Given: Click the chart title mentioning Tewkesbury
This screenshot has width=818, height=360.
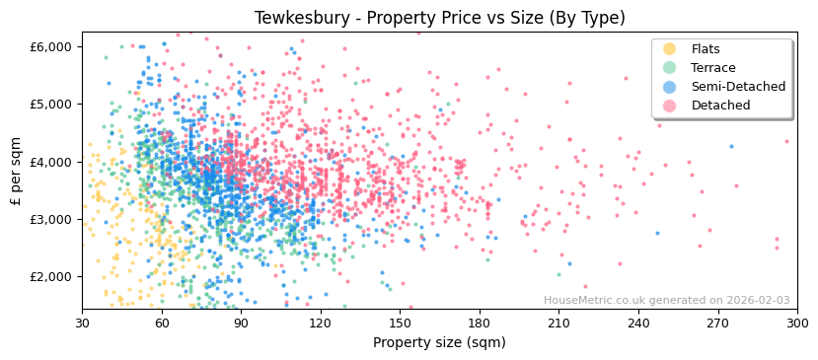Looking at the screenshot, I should click(x=440, y=18).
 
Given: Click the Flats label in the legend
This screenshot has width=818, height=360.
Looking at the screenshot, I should click(x=705, y=49).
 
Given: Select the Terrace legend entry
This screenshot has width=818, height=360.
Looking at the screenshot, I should click(x=712, y=68).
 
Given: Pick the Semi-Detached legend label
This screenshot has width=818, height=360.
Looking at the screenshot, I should click(x=738, y=87).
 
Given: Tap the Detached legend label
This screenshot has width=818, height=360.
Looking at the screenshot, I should click(x=720, y=106).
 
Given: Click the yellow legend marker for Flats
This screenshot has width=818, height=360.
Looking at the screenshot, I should click(x=669, y=49).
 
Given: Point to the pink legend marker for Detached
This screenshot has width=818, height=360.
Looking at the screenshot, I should click(x=669, y=106).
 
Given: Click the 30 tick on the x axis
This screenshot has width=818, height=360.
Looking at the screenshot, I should click(x=82, y=323).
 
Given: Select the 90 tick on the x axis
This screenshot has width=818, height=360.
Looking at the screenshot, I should click(x=241, y=323).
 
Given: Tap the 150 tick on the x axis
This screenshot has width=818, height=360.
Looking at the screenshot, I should click(x=400, y=323).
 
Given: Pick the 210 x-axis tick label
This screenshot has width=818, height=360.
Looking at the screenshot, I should click(x=558, y=323).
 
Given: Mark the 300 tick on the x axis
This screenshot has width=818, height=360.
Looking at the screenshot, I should click(x=796, y=323).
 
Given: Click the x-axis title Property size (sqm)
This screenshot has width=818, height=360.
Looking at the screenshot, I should click(x=439, y=342).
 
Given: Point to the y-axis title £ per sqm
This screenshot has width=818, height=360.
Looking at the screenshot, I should click(x=17, y=172).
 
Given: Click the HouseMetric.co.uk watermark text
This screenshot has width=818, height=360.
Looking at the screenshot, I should click(x=666, y=301).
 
